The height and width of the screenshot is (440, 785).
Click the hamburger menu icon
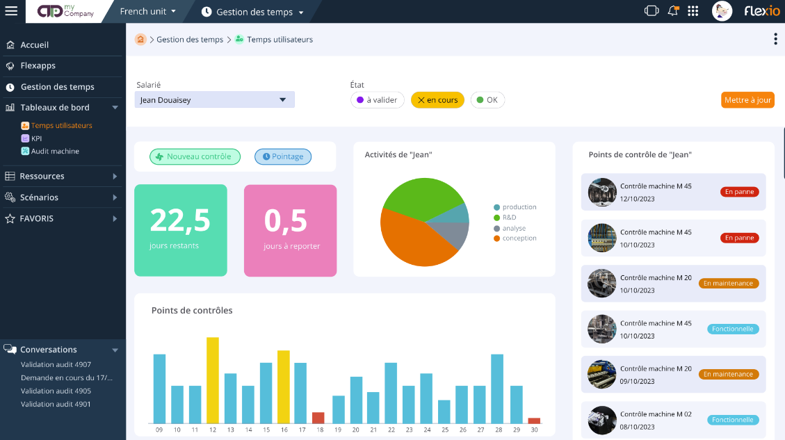coord(11,11)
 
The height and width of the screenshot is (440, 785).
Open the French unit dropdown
coord(147,12)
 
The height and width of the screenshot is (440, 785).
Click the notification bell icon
coord(672,11)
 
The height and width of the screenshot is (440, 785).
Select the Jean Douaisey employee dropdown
coord(214,100)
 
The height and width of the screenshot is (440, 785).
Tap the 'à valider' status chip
coord(378,100)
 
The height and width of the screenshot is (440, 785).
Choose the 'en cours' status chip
coord(437,100)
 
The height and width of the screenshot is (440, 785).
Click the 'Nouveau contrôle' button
coord(195,156)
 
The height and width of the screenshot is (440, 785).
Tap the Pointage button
coord(283,156)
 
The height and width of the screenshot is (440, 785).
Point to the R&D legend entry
coord(509,218)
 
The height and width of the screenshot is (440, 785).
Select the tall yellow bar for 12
coord(213,380)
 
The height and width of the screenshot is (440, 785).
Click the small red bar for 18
coord(318,418)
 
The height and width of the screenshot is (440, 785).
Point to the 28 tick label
coord(497,430)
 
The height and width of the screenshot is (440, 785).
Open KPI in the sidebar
coord(36,138)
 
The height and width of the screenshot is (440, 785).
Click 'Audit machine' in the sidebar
coord(55,151)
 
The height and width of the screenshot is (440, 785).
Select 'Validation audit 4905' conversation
coord(56,391)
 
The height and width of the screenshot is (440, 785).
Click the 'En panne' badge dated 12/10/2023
coord(739,192)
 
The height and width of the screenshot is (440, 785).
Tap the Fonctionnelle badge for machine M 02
coord(734,420)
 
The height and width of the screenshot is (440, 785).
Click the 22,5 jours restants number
coord(180,220)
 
